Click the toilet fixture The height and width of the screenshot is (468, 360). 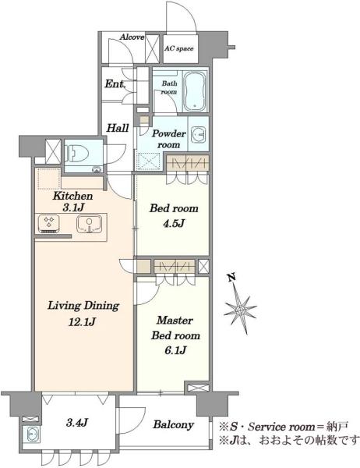(x=78, y=153)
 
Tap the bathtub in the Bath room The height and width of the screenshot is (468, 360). (x=195, y=91)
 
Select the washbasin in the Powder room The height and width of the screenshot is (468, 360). (x=198, y=133)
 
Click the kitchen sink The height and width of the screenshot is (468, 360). (x=89, y=224)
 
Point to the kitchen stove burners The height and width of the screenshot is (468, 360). (x=48, y=224)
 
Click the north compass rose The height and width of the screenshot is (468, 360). (x=240, y=310)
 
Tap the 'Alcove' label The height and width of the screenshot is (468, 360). (x=132, y=37)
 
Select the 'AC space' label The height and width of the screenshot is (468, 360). (x=179, y=48)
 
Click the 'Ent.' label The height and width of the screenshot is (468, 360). (x=115, y=84)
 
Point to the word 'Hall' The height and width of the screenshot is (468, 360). (x=118, y=128)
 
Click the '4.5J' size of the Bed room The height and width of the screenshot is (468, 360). (x=175, y=223)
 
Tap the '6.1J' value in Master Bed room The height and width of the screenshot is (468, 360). (x=175, y=350)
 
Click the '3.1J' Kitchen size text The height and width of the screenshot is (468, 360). (x=73, y=207)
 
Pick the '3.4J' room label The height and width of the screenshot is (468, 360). (x=76, y=422)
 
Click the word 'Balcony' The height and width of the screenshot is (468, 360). (x=173, y=425)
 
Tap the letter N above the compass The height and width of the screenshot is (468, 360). (x=232, y=278)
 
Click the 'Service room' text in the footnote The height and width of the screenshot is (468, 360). (x=281, y=427)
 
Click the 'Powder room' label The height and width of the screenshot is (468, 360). (x=169, y=139)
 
